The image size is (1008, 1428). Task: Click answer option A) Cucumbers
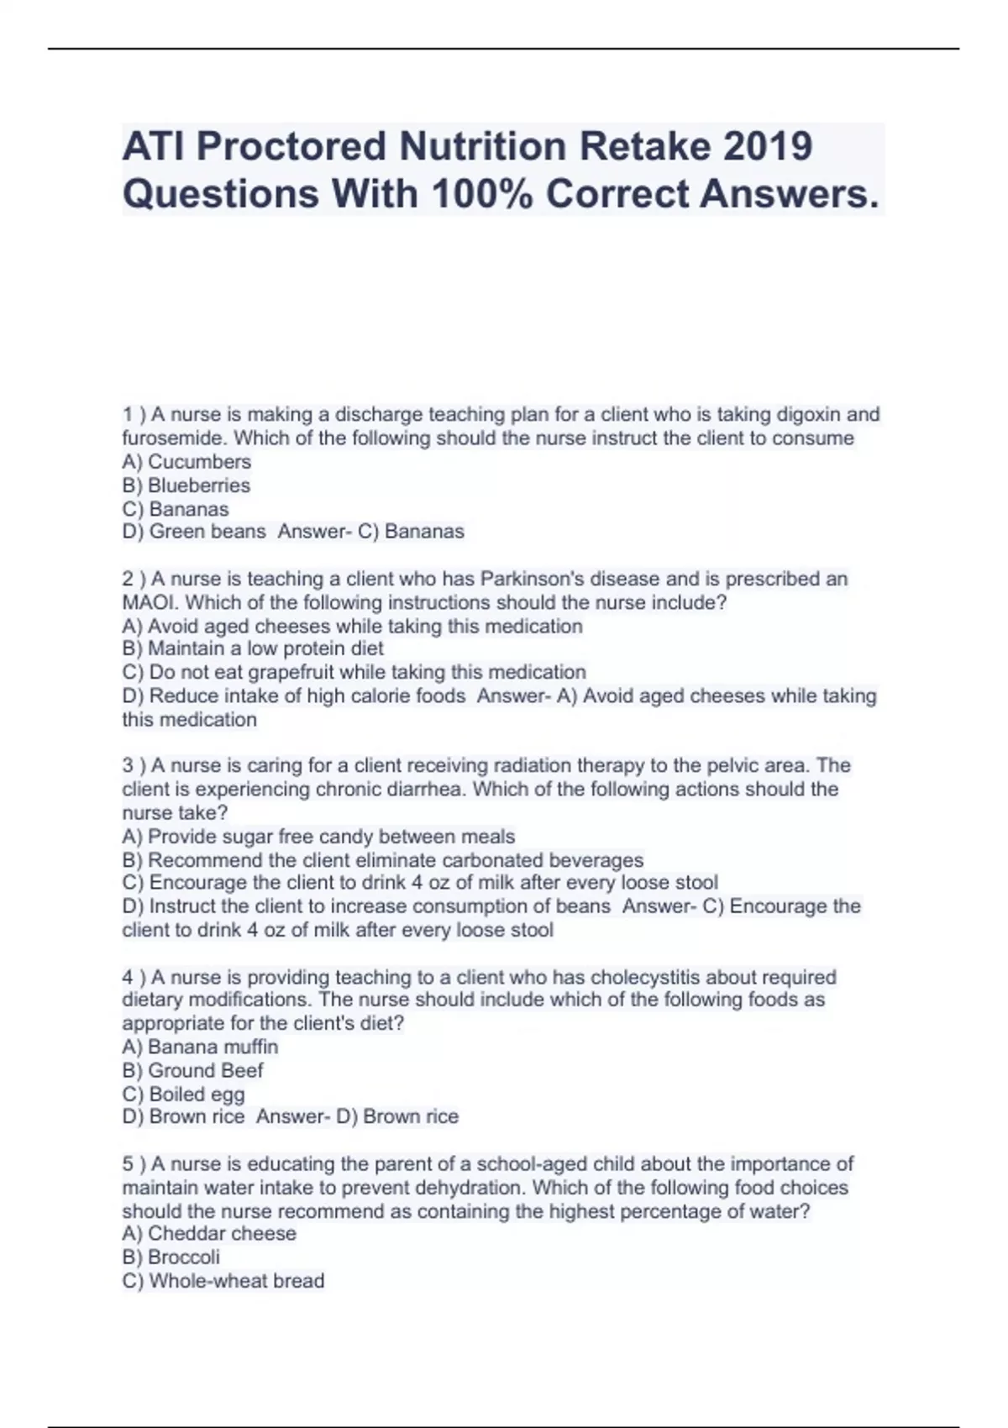pyautogui.click(x=186, y=462)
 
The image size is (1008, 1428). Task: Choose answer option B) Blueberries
pyautogui.click(x=186, y=486)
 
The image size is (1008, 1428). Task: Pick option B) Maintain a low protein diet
pyautogui.click(x=253, y=648)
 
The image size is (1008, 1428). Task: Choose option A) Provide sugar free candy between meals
pyautogui.click(x=318, y=837)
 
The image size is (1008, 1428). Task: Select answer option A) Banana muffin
pyautogui.click(x=200, y=1047)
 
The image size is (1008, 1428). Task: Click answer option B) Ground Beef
pyautogui.click(x=192, y=1070)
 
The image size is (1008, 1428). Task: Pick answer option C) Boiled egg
pyautogui.click(x=183, y=1094)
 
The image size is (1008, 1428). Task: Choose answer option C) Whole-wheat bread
pyautogui.click(x=223, y=1281)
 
